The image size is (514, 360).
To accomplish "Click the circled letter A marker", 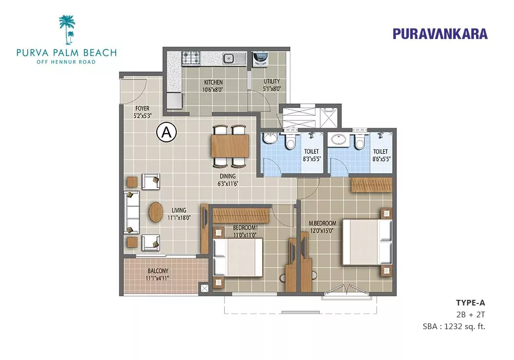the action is click(167, 133).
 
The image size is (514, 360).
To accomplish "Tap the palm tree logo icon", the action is click(67, 29).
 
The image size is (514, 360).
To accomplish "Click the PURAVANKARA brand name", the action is click(440, 34).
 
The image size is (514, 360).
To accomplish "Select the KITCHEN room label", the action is click(213, 82).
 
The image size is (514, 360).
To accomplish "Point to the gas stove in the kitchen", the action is click(191, 58).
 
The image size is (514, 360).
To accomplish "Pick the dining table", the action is click(230, 146).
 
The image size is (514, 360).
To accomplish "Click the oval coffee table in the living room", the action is click(155, 212).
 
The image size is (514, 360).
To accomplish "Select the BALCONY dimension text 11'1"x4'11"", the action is click(158, 279).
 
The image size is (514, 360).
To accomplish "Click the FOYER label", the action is click(142, 108).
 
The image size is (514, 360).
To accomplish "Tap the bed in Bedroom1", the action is click(238, 257).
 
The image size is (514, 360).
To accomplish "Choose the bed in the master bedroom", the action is click(367, 242).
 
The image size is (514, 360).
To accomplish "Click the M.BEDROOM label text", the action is click(323, 223).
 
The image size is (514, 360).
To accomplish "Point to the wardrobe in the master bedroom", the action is click(372, 185).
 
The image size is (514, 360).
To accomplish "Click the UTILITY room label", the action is click(272, 81).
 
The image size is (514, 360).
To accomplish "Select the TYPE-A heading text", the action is click(470, 302).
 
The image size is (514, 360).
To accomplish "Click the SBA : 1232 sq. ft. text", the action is click(454, 327).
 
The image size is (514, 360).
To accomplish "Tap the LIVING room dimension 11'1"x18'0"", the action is click(179, 218).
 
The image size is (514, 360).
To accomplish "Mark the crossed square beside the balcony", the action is click(204, 289).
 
